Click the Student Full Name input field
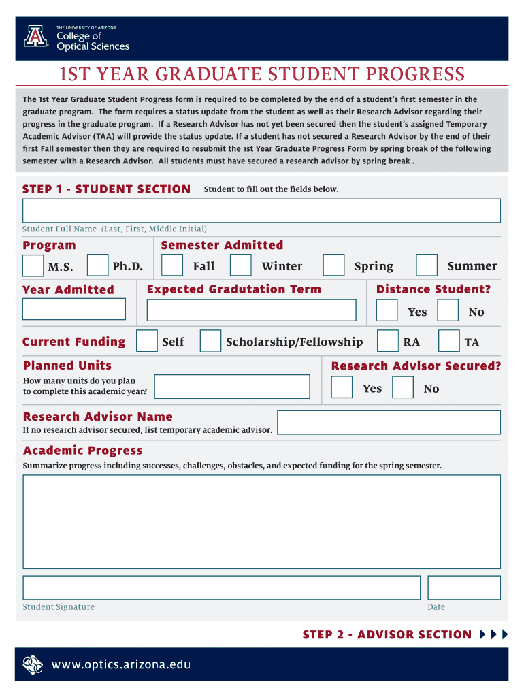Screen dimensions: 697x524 click(261, 211)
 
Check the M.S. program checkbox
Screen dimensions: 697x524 click(33, 265)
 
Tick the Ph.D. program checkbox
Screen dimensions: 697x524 click(98, 265)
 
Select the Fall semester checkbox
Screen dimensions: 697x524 click(172, 265)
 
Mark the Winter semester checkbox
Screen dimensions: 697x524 click(240, 265)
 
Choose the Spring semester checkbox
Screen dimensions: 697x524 click(333, 265)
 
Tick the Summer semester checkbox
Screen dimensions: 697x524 click(427, 265)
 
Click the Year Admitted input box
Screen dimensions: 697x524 click(74, 309)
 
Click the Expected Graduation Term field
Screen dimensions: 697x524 click(251, 310)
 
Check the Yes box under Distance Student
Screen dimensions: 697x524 click(387, 310)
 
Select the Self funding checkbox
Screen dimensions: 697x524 click(147, 341)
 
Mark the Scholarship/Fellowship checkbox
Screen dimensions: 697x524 click(210, 341)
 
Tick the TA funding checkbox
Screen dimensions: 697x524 click(448, 341)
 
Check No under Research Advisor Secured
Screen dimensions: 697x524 click(403, 387)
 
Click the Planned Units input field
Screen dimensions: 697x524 click(231, 387)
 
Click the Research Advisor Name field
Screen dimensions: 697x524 click(389, 422)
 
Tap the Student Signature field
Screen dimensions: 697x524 click(221, 587)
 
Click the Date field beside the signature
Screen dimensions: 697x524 click(463, 587)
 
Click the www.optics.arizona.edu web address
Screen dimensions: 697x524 click(121, 664)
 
